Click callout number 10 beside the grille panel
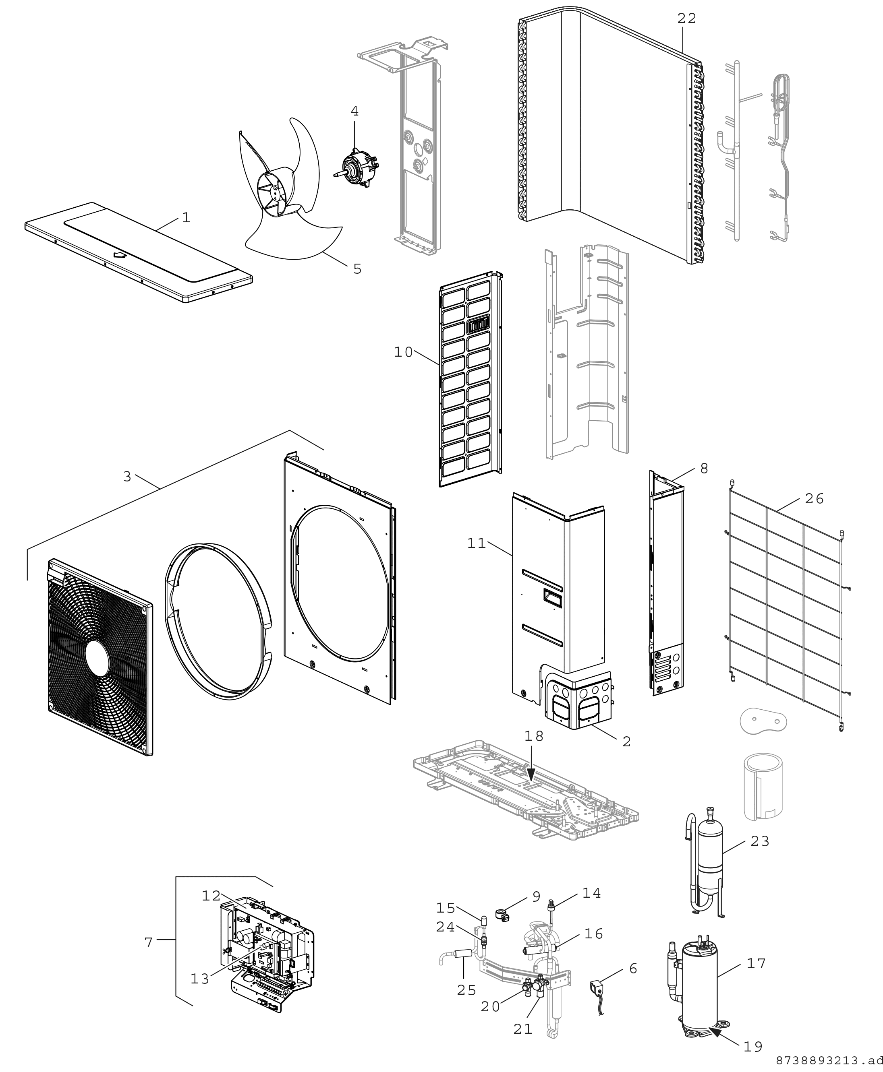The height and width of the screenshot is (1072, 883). click(403, 352)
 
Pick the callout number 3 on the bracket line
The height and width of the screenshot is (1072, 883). click(127, 476)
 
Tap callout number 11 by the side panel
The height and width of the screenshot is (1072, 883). click(477, 543)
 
